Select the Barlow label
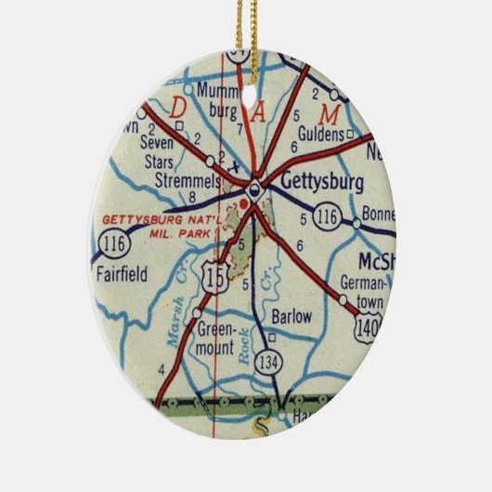pos(291,317)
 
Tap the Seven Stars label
pos(157,149)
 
